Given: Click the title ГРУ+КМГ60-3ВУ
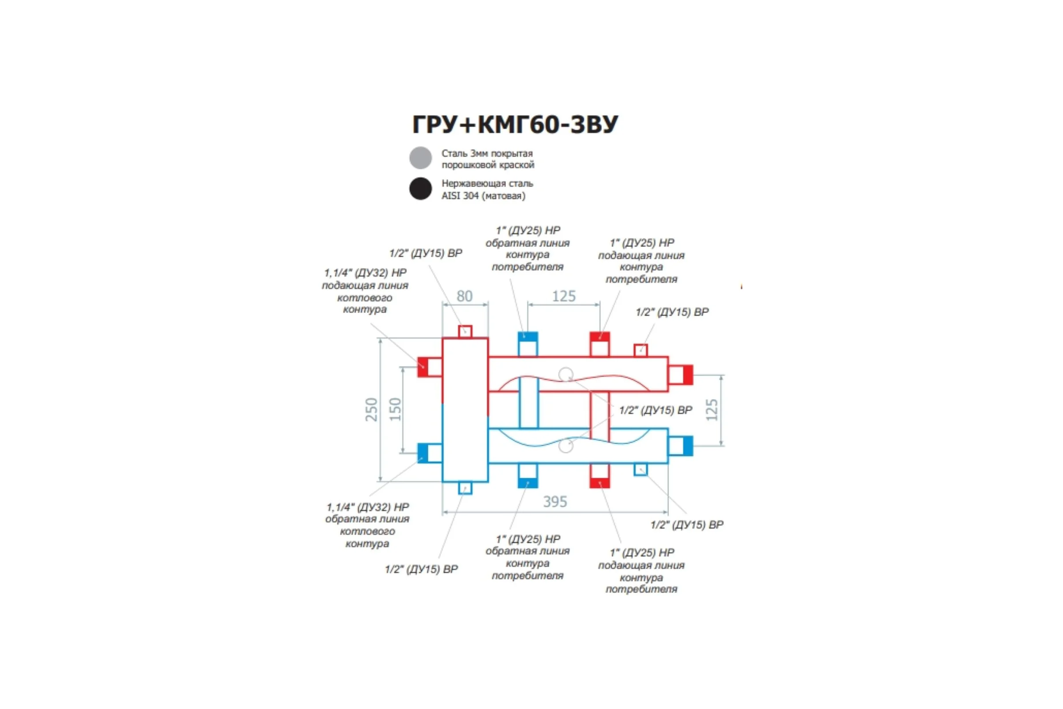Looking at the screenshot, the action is click(x=515, y=125).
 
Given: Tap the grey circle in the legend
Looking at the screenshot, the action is click(x=420, y=158).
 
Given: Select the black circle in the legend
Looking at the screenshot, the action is click(x=420, y=189).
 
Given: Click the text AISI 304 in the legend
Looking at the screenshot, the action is click(x=460, y=196).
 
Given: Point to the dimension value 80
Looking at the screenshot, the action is click(x=465, y=296).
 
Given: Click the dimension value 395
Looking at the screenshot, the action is click(x=555, y=502).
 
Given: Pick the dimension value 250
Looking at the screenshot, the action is click(x=371, y=409).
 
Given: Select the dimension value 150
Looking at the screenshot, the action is click(x=395, y=409).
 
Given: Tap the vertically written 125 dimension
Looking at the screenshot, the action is click(x=712, y=409).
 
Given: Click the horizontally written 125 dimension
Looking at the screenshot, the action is click(x=564, y=296).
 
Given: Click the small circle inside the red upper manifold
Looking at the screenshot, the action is click(x=566, y=375).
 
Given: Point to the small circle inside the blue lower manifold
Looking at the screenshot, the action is click(x=566, y=446).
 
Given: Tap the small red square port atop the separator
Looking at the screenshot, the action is click(x=465, y=331).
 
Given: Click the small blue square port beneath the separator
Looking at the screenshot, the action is click(x=465, y=488).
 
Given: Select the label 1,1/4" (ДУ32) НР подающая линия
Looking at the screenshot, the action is click(x=365, y=279).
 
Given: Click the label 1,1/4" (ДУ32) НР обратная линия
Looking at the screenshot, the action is click(x=367, y=513).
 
